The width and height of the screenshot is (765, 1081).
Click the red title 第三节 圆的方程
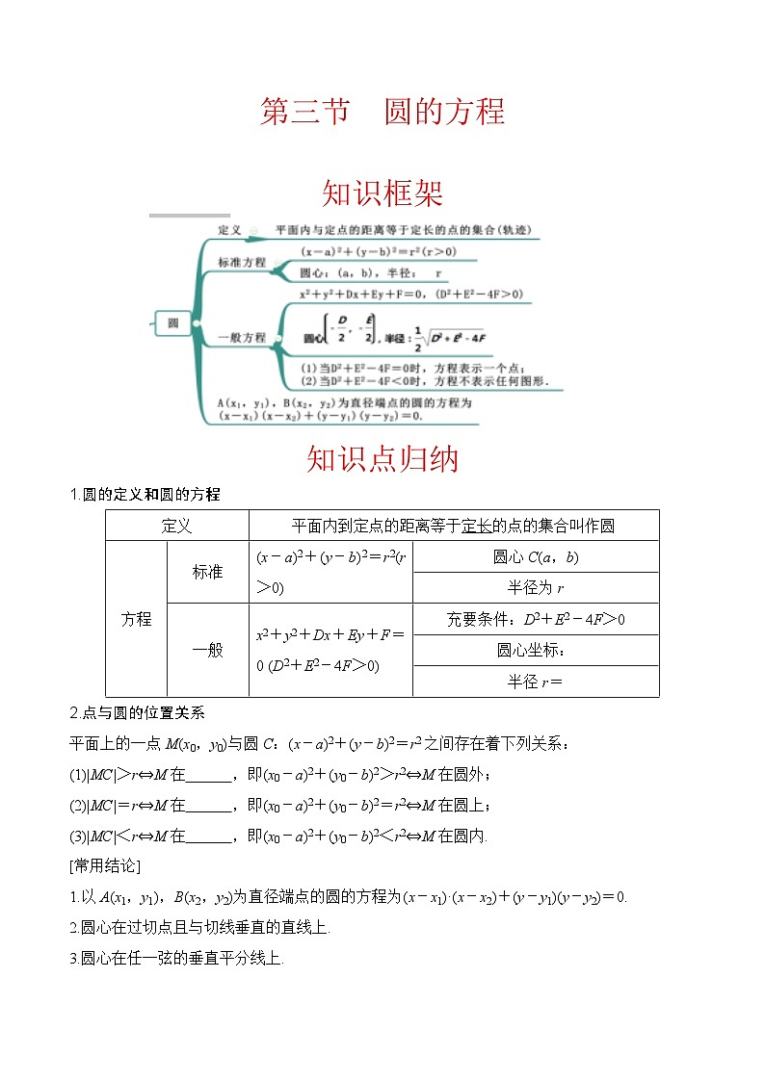click(382, 112)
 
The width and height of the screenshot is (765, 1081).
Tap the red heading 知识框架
click(382, 193)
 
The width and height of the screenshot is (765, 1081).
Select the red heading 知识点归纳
click(382, 459)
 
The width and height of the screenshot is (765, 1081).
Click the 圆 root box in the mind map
click(173, 323)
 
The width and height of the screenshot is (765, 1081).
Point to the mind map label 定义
click(229, 230)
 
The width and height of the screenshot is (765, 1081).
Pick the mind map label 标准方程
click(242, 262)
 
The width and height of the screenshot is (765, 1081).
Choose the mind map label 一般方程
click(242, 338)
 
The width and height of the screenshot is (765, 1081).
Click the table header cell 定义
click(176, 526)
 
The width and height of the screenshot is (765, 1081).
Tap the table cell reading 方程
click(136, 619)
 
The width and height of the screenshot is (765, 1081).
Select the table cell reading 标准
click(207, 572)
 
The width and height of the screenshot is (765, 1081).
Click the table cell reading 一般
click(207, 650)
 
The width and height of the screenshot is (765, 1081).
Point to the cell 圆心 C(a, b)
click(536, 556)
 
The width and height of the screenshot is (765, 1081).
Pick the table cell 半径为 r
click(536, 587)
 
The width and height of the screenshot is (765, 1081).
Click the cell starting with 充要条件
click(536, 619)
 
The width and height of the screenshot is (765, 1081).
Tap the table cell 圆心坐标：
click(536, 650)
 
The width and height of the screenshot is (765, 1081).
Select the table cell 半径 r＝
click(536, 681)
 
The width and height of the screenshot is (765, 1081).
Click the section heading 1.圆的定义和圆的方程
click(145, 495)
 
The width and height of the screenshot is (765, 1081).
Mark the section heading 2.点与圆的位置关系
click(138, 713)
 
